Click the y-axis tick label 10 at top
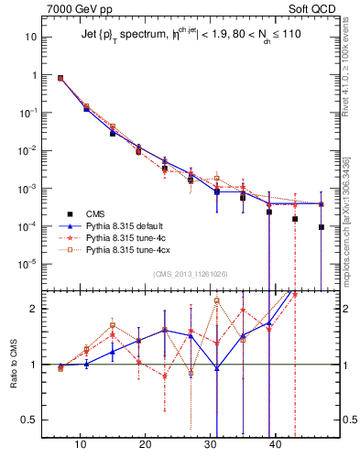tap(30, 38)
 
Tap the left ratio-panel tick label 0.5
tap(28, 420)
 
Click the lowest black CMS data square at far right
tap(322, 227)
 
